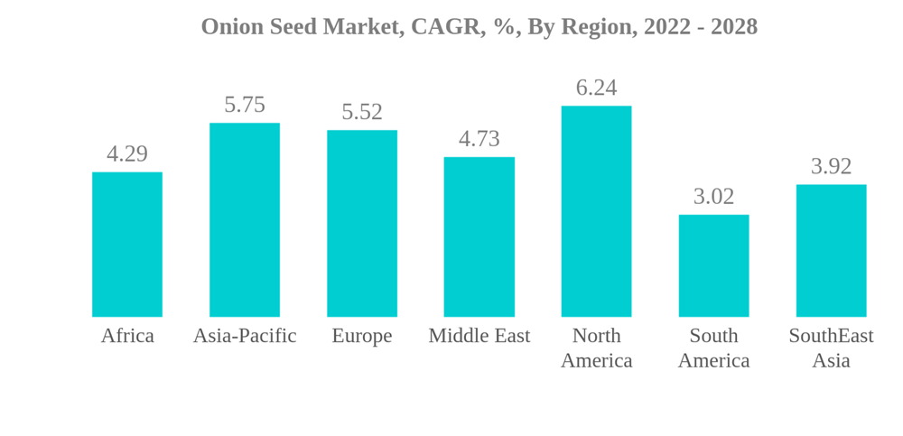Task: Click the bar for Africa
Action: (x=127, y=245)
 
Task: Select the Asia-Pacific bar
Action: (x=245, y=220)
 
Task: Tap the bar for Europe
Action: (x=362, y=224)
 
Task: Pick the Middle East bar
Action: (x=479, y=237)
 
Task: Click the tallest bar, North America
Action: (x=596, y=211)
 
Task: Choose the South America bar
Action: (x=713, y=266)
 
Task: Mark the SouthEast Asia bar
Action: (x=831, y=251)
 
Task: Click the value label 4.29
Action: (x=127, y=153)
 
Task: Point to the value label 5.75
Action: (x=245, y=105)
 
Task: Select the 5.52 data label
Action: (x=362, y=112)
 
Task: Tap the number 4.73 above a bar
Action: (x=479, y=139)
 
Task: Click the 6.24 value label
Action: (x=596, y=88)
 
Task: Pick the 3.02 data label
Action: (x=713, y=196)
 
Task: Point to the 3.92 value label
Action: (x=831, y=166)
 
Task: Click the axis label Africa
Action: (x=127, y=336)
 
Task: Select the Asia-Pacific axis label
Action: (x=245, y=336)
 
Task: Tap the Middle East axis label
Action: (x=479, y=336)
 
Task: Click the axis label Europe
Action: (x=362, y=336)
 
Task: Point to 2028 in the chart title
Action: (x=733, y=27)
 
